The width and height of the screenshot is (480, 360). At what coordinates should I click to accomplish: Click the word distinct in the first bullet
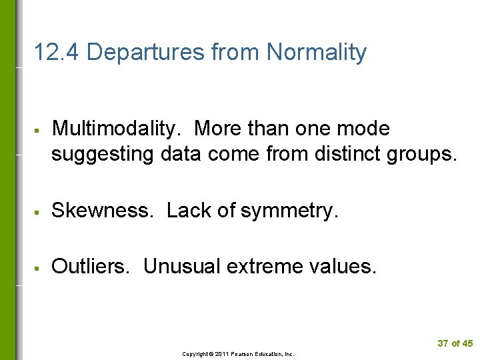click(x=350, y=154)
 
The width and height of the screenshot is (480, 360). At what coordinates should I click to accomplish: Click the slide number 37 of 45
click(x=455, y=343)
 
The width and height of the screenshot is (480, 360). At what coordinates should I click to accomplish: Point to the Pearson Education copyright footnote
click(x=238, y=354)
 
